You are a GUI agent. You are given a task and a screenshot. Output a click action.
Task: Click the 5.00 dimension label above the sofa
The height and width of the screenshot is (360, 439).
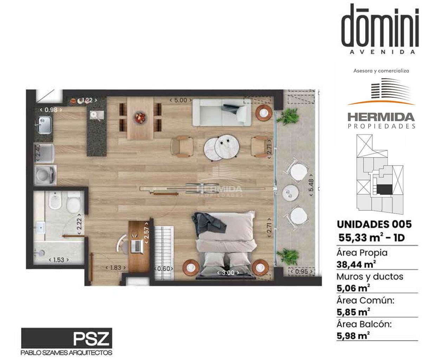[180, 100]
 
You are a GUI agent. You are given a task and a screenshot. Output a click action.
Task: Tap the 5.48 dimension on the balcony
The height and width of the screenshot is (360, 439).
[311, 185]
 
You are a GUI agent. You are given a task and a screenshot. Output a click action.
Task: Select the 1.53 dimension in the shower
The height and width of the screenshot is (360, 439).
[59, 260]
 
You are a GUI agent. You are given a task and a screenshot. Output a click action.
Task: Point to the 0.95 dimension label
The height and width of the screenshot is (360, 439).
[302, 271]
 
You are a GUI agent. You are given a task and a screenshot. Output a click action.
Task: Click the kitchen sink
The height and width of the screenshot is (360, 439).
[44, 125]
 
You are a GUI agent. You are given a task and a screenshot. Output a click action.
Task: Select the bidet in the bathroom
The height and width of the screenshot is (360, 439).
[55, 200]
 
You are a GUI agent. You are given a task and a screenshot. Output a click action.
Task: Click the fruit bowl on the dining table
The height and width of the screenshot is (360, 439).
[141, 117]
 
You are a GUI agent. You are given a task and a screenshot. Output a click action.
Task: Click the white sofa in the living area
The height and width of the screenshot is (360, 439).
[222, 112]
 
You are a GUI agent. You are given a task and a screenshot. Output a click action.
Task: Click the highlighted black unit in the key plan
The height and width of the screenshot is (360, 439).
[385, 190]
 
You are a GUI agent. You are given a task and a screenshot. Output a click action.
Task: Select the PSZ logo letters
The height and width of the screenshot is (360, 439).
[91, 339]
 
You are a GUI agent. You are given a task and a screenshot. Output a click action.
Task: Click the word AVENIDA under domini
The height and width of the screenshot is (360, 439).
[382, 52]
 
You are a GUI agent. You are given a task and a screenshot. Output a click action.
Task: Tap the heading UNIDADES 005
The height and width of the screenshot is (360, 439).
[374, 224]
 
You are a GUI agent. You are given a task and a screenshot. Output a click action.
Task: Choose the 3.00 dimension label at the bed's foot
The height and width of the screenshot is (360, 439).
[228, 272]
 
